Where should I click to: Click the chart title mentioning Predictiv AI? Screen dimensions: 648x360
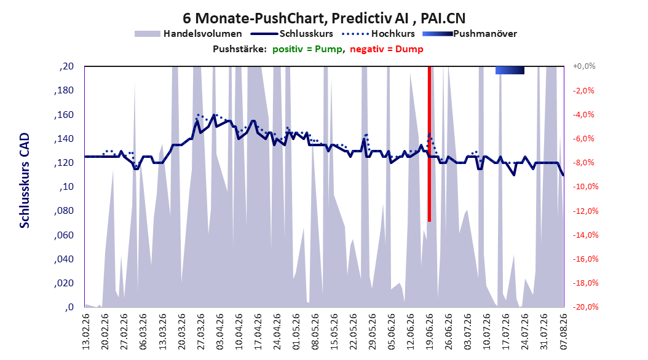323,18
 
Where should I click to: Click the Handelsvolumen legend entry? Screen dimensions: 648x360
189,34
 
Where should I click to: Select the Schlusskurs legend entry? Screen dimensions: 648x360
292,34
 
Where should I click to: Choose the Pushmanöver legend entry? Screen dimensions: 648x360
470,34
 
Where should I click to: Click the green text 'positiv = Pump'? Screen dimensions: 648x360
307,49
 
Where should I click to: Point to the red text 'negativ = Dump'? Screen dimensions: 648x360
387,49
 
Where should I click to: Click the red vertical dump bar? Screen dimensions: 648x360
429,144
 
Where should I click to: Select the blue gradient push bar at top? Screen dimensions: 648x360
510,70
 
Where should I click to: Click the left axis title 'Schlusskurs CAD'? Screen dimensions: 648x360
25,181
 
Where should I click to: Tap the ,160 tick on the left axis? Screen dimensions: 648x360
64,115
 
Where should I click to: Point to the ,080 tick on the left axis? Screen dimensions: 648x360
64,211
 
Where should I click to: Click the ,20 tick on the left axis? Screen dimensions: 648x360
66,66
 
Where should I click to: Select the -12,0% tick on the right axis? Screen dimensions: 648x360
585,211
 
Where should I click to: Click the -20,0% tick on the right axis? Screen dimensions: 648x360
585,307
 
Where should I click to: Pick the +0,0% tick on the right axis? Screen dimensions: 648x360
583,66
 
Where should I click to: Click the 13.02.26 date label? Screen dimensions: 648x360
85,332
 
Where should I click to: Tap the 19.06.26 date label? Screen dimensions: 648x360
429,332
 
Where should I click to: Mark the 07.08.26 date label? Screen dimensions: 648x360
563,332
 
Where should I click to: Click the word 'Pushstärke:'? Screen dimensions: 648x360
240,49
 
